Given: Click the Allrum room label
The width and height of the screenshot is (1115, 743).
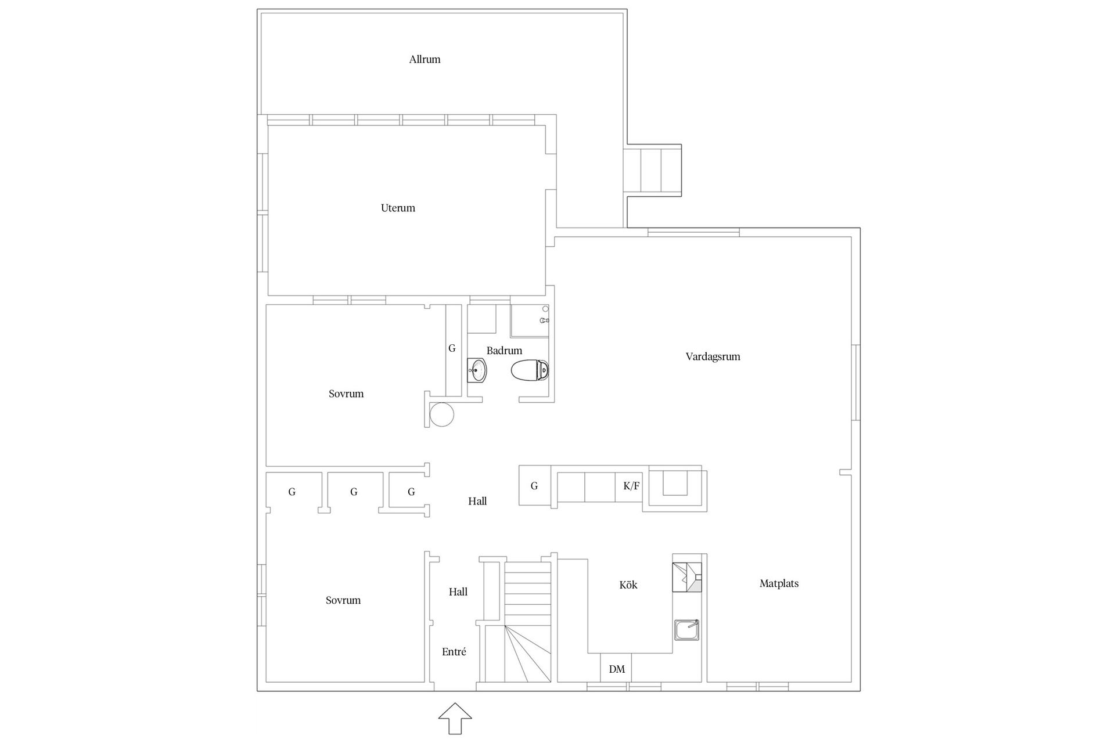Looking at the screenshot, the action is click(425, 59).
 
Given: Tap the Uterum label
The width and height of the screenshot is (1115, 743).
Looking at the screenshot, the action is click(398, 208).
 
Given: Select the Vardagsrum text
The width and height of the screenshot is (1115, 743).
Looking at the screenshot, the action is click(713, 356).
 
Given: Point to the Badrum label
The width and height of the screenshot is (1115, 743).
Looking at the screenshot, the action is click(504, 351).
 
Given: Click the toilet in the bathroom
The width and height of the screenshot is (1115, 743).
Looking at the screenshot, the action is click(530, 370).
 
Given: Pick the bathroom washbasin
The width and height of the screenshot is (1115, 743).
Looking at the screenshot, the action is click(477, 370).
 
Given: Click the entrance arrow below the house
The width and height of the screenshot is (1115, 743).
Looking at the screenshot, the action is click(455, 719).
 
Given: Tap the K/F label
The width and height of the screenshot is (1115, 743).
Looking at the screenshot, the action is click(631, 486).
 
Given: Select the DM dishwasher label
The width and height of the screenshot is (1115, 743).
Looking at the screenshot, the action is click(617, 669).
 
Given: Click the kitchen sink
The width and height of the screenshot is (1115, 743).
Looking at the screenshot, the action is click(686, 630).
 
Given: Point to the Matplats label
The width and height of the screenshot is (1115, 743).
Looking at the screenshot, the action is click(779, 583).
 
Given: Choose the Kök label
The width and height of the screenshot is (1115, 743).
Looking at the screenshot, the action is click(628, 585).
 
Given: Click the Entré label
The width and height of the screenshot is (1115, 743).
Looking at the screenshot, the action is click(454, 652).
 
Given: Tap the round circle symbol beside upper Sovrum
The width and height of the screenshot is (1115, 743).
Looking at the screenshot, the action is click(442, 415).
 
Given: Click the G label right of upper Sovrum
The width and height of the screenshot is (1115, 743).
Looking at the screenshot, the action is click(452, 348).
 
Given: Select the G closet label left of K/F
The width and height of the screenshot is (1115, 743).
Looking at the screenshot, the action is click(534, 486).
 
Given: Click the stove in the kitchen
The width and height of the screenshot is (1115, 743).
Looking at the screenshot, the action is click(687, 577).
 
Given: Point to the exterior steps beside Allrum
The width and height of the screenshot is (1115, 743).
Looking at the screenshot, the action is click(652, 170).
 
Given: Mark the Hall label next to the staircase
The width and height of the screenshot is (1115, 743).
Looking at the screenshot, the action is click(458, 592).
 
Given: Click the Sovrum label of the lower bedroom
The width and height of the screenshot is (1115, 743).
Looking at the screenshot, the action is click(343, 600).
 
